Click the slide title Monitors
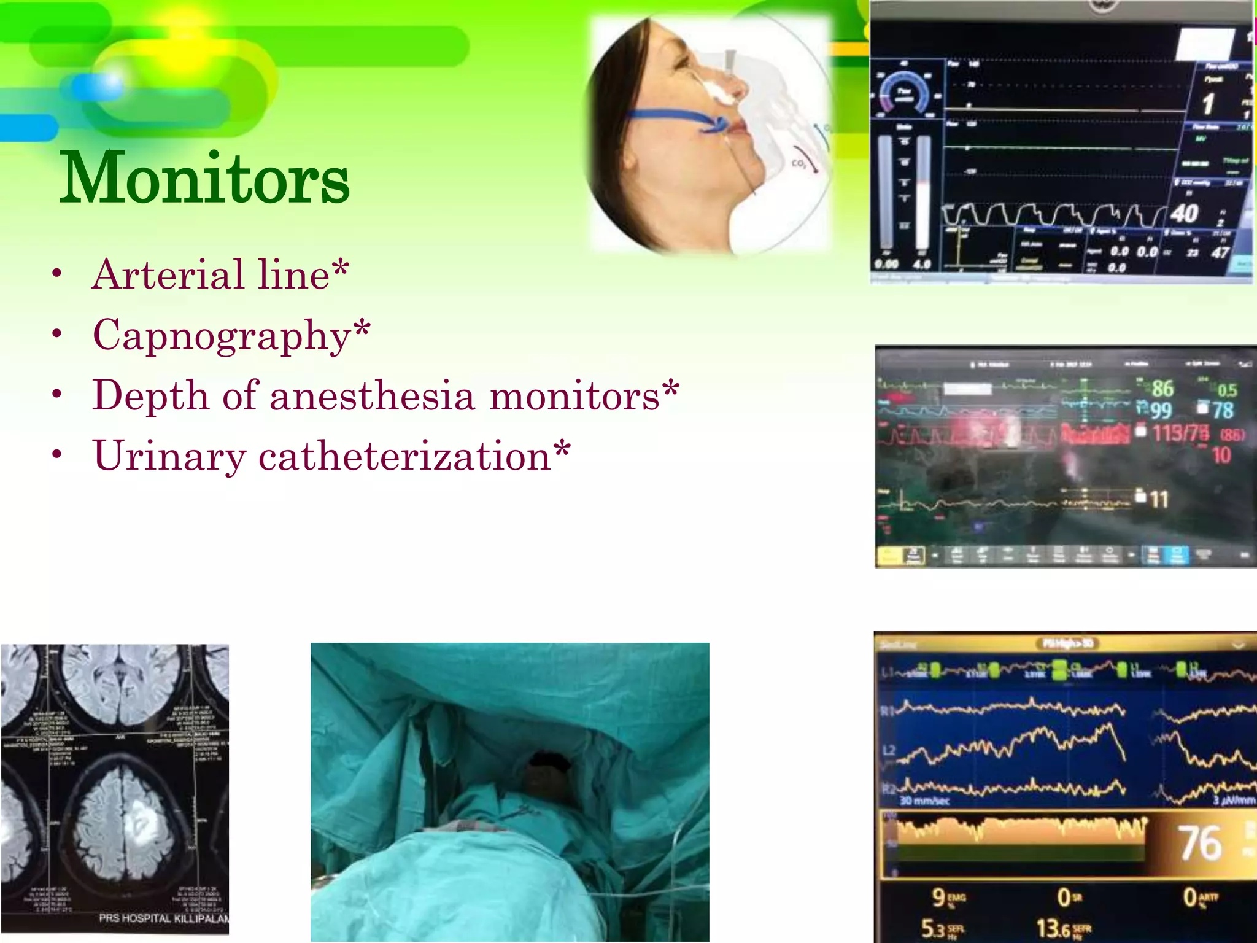204,178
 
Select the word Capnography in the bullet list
221,335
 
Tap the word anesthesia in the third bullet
372,395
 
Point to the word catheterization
404,456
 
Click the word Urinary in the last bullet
169,456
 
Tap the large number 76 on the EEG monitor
1199,844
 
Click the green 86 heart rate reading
1162,389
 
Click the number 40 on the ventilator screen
1184,214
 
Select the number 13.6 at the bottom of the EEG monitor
1053,928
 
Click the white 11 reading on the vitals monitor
1158,499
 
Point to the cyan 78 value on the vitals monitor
1223,410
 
